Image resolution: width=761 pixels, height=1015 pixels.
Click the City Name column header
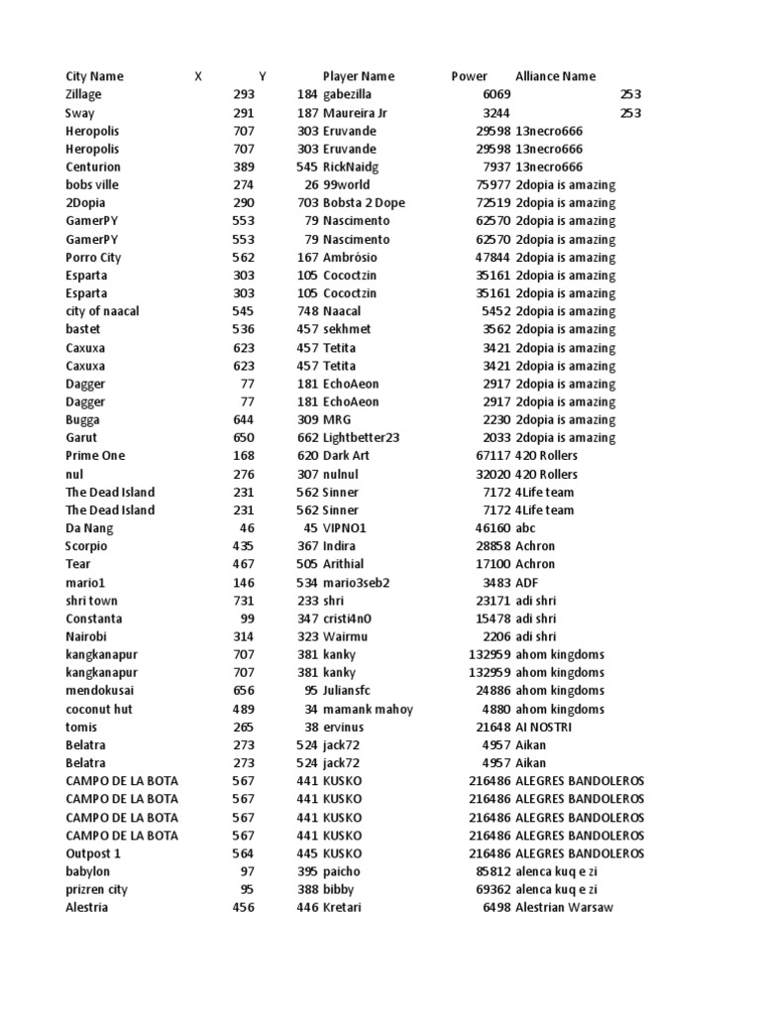coord(94,76)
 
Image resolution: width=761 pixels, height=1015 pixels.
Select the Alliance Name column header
coord(555,76)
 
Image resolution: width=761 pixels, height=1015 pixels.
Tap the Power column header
coord(469,76)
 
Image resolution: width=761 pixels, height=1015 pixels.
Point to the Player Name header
coord(358,76)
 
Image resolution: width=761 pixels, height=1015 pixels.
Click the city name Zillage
coord(83,94)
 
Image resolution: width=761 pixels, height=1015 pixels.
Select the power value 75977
coord(492,184)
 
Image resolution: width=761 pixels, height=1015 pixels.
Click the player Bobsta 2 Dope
coord(364,202)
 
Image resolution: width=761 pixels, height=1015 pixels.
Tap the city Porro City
coord(93,257)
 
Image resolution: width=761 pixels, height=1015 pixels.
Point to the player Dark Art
coord(346,455)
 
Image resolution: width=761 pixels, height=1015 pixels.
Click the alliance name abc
coord(525,528)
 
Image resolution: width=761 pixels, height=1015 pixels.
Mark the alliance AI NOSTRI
coord(543,727)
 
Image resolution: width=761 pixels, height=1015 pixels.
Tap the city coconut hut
coord(98,709)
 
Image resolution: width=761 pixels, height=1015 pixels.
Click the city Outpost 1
coord(93,853)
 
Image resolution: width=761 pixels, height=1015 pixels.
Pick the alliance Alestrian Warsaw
coord(564,907)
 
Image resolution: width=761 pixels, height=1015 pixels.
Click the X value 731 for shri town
coord(243,601)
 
